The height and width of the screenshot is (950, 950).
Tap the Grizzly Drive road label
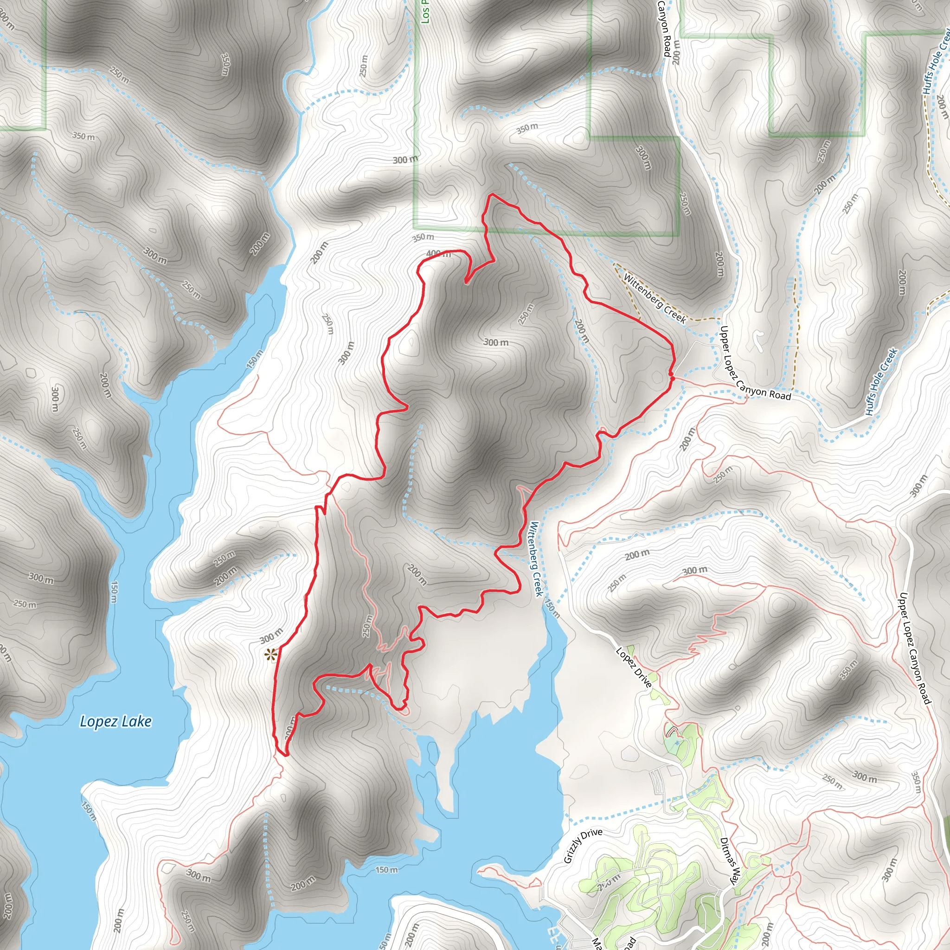click(583, 846)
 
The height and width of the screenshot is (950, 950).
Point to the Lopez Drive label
click(634, 667)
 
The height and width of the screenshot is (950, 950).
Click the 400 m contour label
click(438, 254)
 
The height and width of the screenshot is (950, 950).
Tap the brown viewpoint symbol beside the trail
click(270, 655)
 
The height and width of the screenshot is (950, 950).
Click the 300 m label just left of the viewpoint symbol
click(271, 636)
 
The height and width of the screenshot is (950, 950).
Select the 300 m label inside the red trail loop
click(496, 342)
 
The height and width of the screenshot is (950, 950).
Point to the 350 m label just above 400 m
click(423, 237)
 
